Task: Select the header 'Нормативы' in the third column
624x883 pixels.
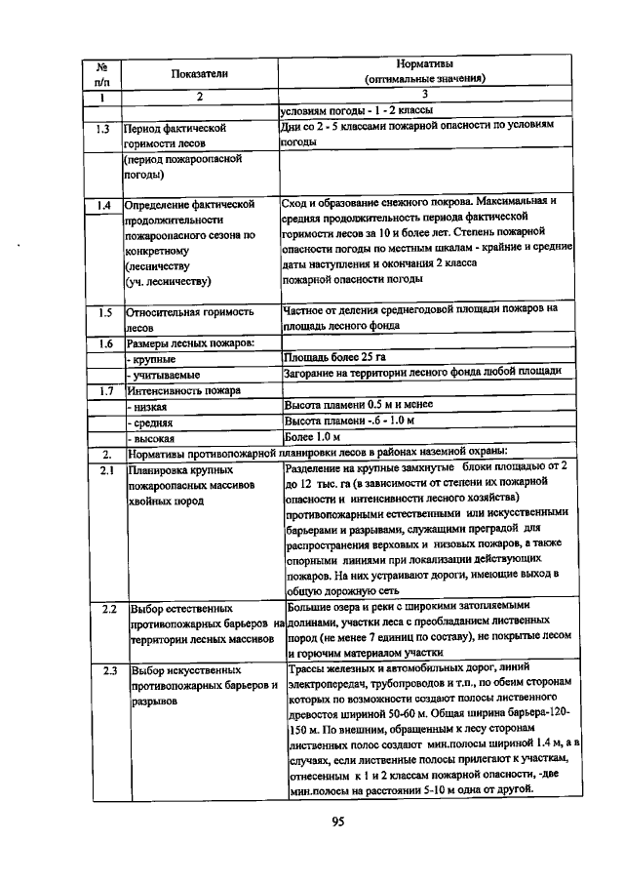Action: [425, 62]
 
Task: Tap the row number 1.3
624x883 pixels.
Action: [102, 128]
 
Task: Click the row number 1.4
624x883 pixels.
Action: [102, 205]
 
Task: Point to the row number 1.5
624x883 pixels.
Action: [102, 312]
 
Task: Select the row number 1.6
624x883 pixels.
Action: [102, 342]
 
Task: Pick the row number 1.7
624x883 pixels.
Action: [102, 389]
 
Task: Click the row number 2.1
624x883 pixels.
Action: [102, 470]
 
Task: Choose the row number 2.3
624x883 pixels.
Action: [108, 671]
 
